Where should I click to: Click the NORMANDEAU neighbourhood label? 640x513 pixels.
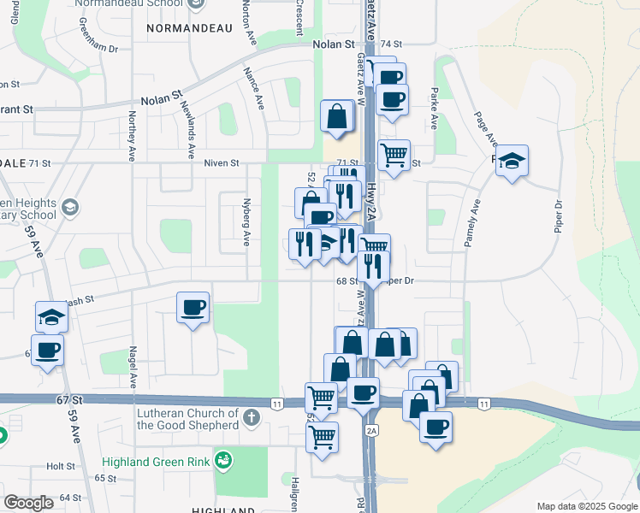point(190,28)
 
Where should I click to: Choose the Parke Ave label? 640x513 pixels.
point(434,108)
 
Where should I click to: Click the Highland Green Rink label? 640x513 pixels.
point(157,463)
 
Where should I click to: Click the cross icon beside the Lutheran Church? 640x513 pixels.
point(250,418)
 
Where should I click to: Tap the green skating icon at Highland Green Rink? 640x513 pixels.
point(223,462)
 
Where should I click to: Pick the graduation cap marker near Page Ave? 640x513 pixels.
point(512,161)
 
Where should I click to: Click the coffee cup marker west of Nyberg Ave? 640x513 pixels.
point(193,307)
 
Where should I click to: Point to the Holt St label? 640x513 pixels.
point(62,467)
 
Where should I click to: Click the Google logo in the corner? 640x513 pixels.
point(28,503)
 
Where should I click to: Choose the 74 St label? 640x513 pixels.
point(391,44)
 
